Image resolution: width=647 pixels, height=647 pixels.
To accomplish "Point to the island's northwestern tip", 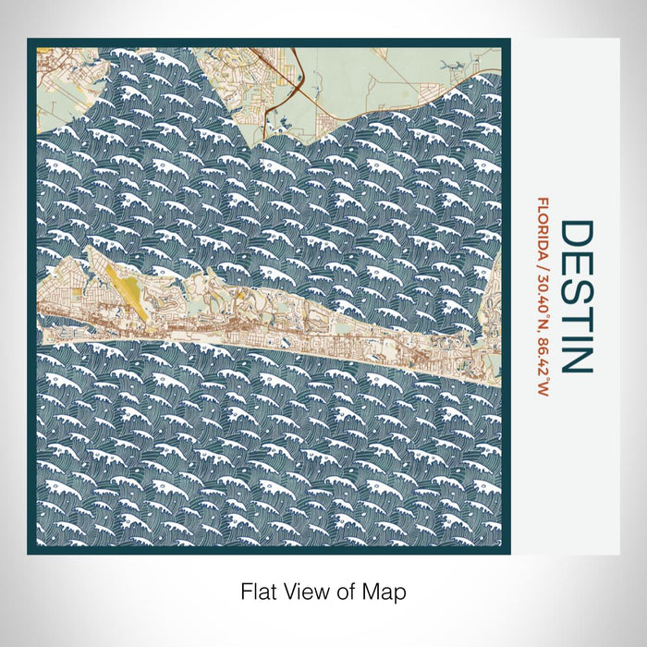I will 90,250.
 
